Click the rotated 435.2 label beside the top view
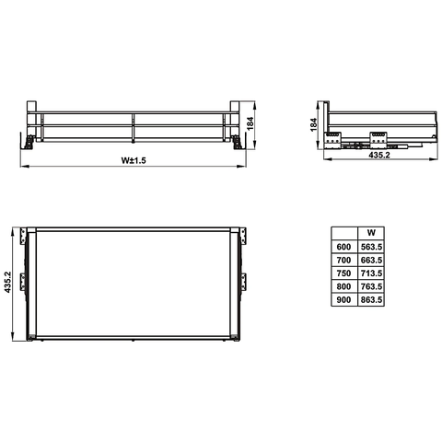8,282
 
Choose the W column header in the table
371,233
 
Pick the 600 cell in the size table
343,247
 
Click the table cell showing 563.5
371,247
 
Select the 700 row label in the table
343,261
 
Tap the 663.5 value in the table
371,261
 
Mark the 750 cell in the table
343,273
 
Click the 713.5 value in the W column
371,273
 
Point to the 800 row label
343,286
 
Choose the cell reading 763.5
371,286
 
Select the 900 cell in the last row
343,300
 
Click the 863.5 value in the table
371,300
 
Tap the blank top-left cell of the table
343,233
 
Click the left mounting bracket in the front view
29,139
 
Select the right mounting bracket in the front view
238,139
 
